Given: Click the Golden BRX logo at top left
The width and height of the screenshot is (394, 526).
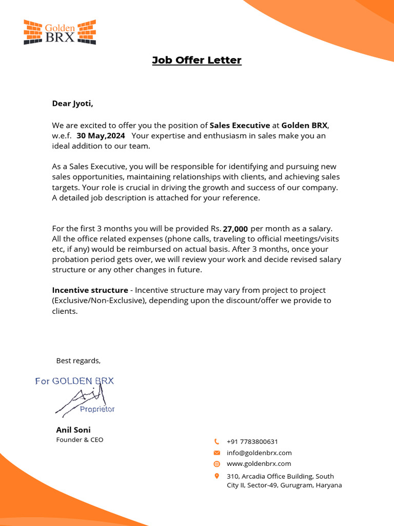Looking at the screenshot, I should pyautogui.click(x=60, y=32).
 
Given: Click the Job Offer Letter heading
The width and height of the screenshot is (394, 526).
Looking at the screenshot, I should pyautogui.click(x=196, y=60).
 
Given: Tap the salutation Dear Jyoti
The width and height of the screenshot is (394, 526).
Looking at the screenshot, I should pyautogui.click(x=73, y=103).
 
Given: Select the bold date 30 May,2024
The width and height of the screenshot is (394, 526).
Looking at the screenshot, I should pyautogui.click(x=101, y=136).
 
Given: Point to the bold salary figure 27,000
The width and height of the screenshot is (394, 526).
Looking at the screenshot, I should pyautogui.click(x=235, y=229).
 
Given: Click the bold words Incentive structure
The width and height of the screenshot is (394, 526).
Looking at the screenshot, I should pyautogui.click(x=90, y=290).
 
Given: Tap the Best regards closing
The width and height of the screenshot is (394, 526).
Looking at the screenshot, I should pyautogui.click(x=78, y=361).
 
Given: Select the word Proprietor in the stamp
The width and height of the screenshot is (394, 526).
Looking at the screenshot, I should pyautogui.click(x=97, y=409).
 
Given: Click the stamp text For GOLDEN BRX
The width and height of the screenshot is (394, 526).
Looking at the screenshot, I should pyautogui.click(x=74, y=381).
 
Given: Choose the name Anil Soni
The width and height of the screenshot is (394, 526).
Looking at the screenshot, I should pyautogui.click(x=73, y=429).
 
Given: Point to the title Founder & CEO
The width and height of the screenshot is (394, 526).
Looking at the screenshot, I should pyautogui.click(x=80, y=440).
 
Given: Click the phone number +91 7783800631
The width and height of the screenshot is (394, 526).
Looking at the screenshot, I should pyautogui.click(x=252, y=441).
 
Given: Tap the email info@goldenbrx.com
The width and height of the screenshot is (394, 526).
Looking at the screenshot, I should pyautogui.click(x=259, y=453).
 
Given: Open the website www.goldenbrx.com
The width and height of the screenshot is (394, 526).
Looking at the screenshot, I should pyautogui.click(x=259, y=463).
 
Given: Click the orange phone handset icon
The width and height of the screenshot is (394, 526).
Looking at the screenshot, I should pyautogui.click(x=216, y=441).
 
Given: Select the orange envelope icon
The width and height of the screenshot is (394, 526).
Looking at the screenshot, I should pyautogui.click(x=216, y=453).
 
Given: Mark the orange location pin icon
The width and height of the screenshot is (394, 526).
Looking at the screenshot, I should pyautogui.click(x=216, y=476).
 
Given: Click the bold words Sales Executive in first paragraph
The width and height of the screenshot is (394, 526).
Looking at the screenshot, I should pyautogui.click(x=240, y=125).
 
